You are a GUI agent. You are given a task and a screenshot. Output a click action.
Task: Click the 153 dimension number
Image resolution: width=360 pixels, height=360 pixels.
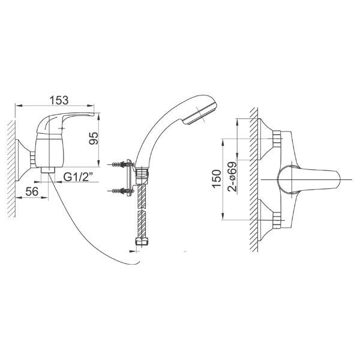point(59,100)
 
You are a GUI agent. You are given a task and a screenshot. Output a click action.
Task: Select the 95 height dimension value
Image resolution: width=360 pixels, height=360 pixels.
point(94,138)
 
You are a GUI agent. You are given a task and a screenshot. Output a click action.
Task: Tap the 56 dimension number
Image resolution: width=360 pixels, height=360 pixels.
point(32,191)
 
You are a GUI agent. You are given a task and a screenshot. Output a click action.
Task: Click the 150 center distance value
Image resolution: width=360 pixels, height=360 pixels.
point(217,179)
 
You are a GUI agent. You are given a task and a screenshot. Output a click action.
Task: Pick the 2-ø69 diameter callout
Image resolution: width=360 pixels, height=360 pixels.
point(232,176)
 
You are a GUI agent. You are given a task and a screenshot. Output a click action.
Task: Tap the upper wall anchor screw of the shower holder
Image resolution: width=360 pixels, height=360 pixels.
point(121,164)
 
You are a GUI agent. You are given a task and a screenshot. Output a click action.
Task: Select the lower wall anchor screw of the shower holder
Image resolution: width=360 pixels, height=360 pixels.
point(121,191)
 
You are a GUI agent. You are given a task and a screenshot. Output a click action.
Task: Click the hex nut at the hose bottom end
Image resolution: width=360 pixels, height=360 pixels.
point(142,242)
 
